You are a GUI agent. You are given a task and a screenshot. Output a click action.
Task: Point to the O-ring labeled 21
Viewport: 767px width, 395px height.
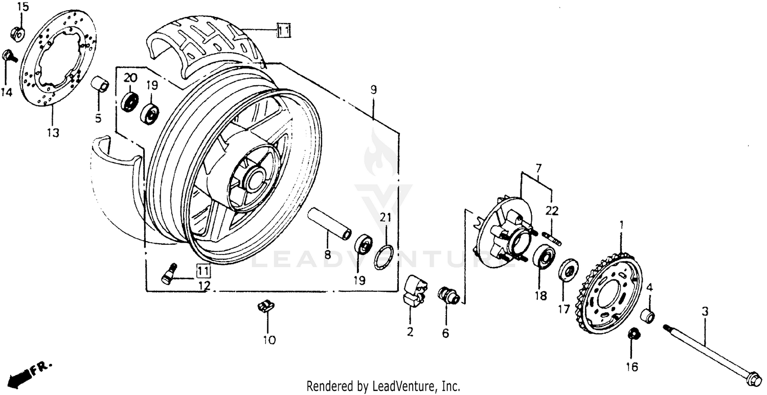(385, 256)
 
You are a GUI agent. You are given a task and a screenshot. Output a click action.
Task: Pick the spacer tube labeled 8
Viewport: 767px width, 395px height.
(329, 225)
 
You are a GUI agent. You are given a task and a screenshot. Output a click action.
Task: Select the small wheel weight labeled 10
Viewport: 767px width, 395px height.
(265, 307)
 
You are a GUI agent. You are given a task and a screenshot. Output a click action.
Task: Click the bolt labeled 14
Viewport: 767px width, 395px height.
(9, 55)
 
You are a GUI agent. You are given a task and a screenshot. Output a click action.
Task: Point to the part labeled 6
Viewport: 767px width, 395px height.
(448, 296)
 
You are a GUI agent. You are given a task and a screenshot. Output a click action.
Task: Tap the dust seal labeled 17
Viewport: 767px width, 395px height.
(568, 269)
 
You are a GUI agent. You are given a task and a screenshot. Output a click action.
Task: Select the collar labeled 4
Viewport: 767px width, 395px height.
(648, 316)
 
